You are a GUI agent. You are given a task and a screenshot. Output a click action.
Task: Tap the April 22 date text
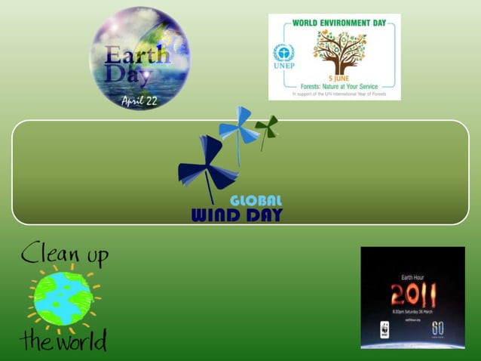(x=140, y=100)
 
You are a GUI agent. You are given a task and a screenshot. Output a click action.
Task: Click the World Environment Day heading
(x=333, y=23)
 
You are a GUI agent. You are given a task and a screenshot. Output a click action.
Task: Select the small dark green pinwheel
(x=266, y=126)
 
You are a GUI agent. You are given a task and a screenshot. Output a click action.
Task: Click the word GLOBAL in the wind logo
(x=256, y=201)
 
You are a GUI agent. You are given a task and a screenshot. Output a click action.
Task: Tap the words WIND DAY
(x=237, y=215)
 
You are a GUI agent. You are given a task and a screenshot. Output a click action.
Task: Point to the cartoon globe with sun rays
(x=63, y=298)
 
